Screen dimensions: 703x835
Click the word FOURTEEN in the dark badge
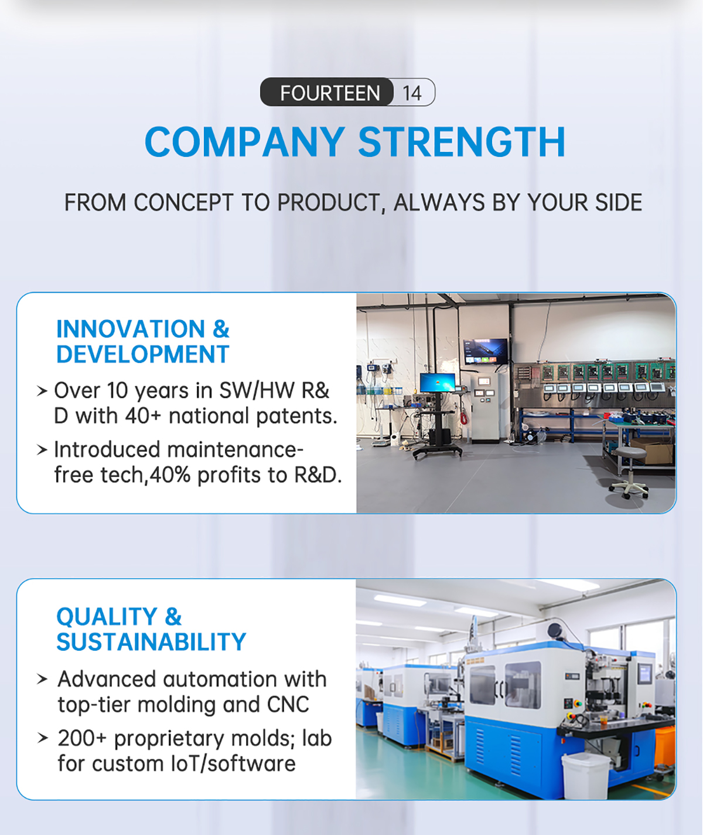click(330, 93)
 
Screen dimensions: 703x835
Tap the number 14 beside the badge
click(412, 94)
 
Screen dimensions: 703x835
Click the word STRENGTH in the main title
click(462, 141)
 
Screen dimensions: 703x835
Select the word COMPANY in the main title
click(245, 141)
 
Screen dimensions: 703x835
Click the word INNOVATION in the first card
click(130, 329)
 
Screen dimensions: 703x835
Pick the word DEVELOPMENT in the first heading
click(143, 354)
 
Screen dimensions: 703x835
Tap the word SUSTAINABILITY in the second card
click(151, 642)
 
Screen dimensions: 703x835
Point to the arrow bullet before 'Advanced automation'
click(42, 679)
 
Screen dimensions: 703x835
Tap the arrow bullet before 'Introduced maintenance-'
click(42, 450)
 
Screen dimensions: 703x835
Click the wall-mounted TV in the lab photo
click(485, 351)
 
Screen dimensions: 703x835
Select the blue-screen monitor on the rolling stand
click(437, 382)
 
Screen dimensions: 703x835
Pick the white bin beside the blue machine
click(585, 776)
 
